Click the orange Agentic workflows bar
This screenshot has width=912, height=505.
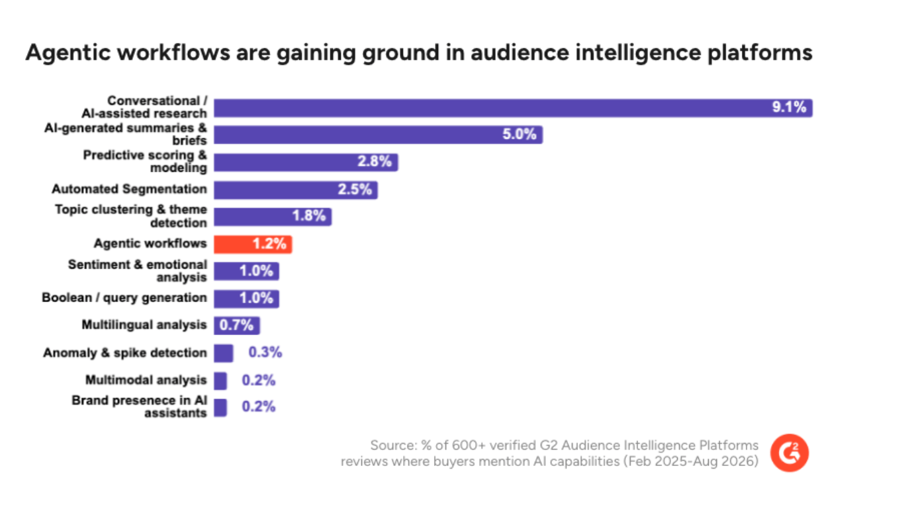[253, 245]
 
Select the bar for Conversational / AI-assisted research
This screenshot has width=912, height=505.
[513, 108]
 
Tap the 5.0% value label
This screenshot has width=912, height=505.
[519, 134]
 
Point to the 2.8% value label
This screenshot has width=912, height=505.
[375, 161]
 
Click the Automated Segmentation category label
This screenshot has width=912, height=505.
[129, 189]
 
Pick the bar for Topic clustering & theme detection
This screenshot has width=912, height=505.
[273, 217]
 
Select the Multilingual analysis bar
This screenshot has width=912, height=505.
[237, 325]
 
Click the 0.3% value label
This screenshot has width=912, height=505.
[265, 352]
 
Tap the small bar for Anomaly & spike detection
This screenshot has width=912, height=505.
[224, 353]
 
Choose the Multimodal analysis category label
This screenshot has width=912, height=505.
[146, 380]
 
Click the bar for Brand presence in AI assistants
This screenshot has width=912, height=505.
[220, 407]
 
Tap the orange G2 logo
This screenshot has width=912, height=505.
[790, 453]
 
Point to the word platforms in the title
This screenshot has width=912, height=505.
[760, 53]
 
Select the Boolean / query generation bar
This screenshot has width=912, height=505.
[246, 299]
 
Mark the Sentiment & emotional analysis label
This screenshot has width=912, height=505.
[137, 271]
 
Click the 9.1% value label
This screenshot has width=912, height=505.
[789, 107]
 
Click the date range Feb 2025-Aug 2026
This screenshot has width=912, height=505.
[691, 462]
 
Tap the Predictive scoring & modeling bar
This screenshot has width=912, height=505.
[306, 162]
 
